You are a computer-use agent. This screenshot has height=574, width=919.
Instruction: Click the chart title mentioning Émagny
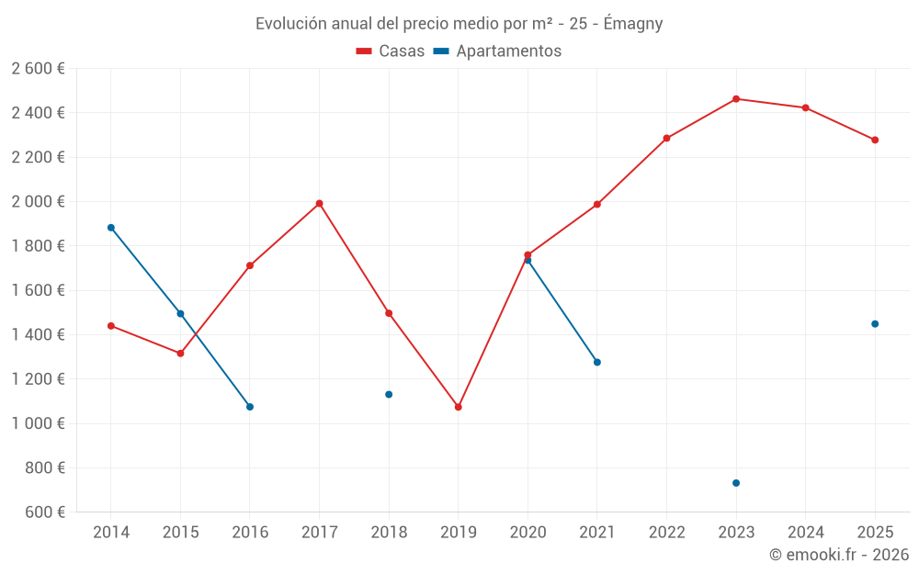(x=459, y=24)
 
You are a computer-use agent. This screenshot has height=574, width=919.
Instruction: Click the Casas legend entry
(x=391, y=51)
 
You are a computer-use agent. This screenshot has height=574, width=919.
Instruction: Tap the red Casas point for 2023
(x=736, y=99)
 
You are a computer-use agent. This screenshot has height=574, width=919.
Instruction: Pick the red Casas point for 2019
(x=459, y=407)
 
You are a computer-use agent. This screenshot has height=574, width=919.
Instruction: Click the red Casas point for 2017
(x=319, y=204)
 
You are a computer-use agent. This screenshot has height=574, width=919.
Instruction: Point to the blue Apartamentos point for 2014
(x=111, y=228)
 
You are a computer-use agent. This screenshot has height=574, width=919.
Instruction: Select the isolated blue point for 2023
(x=736, y=483)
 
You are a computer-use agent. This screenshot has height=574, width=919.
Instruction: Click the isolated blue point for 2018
(x=389, y=395)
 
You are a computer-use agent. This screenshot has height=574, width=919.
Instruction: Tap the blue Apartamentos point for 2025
(x=875, y=324)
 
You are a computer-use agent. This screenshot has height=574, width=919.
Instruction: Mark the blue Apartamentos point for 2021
(x=597, y=363)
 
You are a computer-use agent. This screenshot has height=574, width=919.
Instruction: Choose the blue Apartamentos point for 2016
(x=250, y=407)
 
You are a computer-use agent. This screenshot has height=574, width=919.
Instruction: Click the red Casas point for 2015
(x=180, y=354)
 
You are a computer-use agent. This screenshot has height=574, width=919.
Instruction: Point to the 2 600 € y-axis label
(x=38, y=69)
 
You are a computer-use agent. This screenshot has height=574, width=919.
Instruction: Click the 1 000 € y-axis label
(x=38, y=423)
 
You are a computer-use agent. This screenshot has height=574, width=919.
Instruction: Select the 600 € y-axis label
(x=43, y=512)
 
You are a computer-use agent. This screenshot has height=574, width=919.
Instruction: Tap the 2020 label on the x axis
(x=528, y=533)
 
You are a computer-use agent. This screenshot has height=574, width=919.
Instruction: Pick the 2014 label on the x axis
(x=111, y=533)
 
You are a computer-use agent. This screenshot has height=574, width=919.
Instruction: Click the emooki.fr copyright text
(x=839, y=555)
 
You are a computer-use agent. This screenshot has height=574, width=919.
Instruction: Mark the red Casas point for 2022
(x=666, y=139)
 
